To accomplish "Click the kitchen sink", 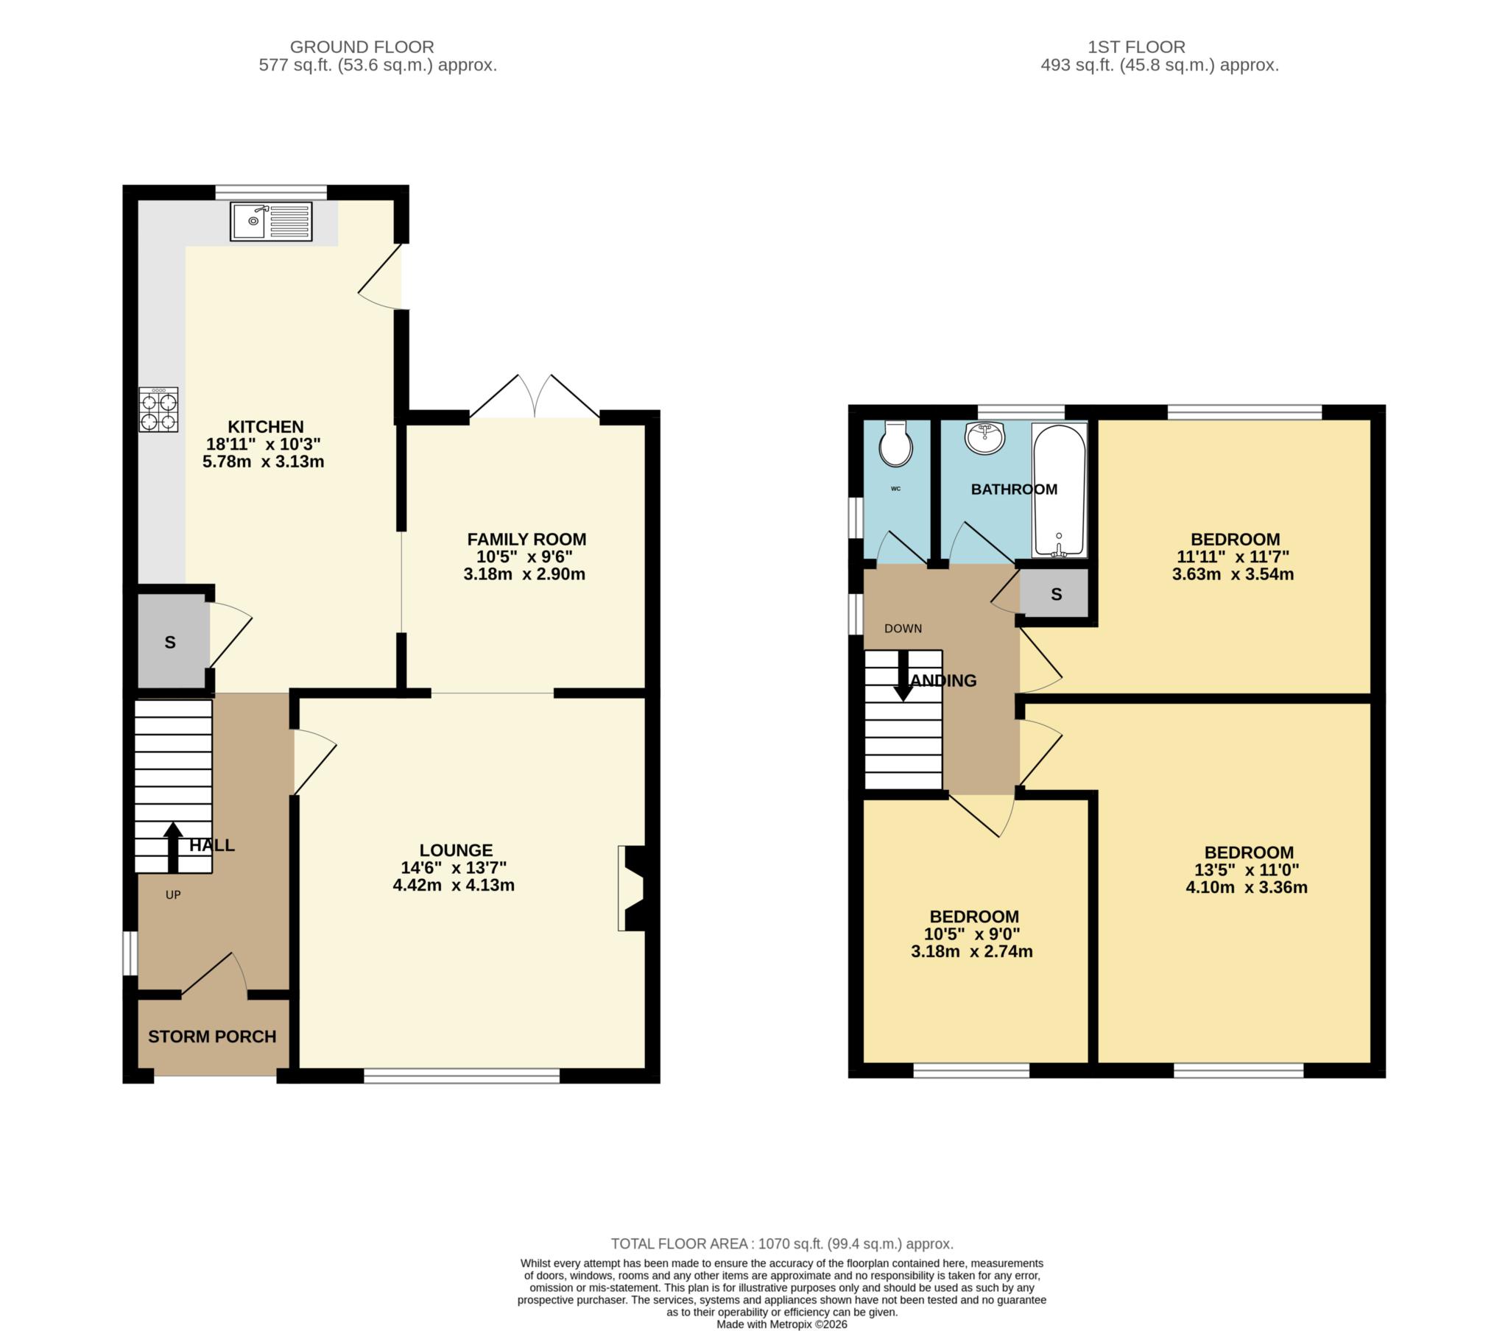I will pos(271,222).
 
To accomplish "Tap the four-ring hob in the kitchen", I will pos(158,410).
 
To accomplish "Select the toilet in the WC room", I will pos(895,445).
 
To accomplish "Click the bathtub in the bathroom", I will pos(1060,490).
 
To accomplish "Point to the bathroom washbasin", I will pos(985,438).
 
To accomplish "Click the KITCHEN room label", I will pos(265,426).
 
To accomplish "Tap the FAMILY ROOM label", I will pos(526,540).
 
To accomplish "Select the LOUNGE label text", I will pos(455,850).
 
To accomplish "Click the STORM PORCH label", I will pos(212,1037).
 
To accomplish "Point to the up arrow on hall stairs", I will pos(172,847).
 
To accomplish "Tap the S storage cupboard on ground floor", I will pos(170,643).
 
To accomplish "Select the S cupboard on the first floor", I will pos(1056,595).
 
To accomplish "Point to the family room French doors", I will pos(535,398).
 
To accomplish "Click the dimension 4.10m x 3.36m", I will pos(1246,888).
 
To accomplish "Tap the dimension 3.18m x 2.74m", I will pos(971,952).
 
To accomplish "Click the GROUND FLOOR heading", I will pos(362,47).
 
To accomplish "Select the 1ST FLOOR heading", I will pos(1136,47).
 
